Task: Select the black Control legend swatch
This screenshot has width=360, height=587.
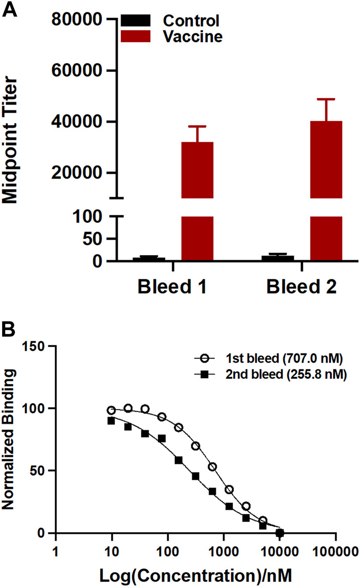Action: [136, 21]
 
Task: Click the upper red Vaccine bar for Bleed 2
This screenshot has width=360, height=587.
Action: [326, 159]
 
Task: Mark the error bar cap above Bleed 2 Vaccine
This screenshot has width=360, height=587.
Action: [326, 99]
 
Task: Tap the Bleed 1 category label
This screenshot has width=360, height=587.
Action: [173, 287]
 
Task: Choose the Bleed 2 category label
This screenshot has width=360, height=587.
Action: [302, 287]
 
